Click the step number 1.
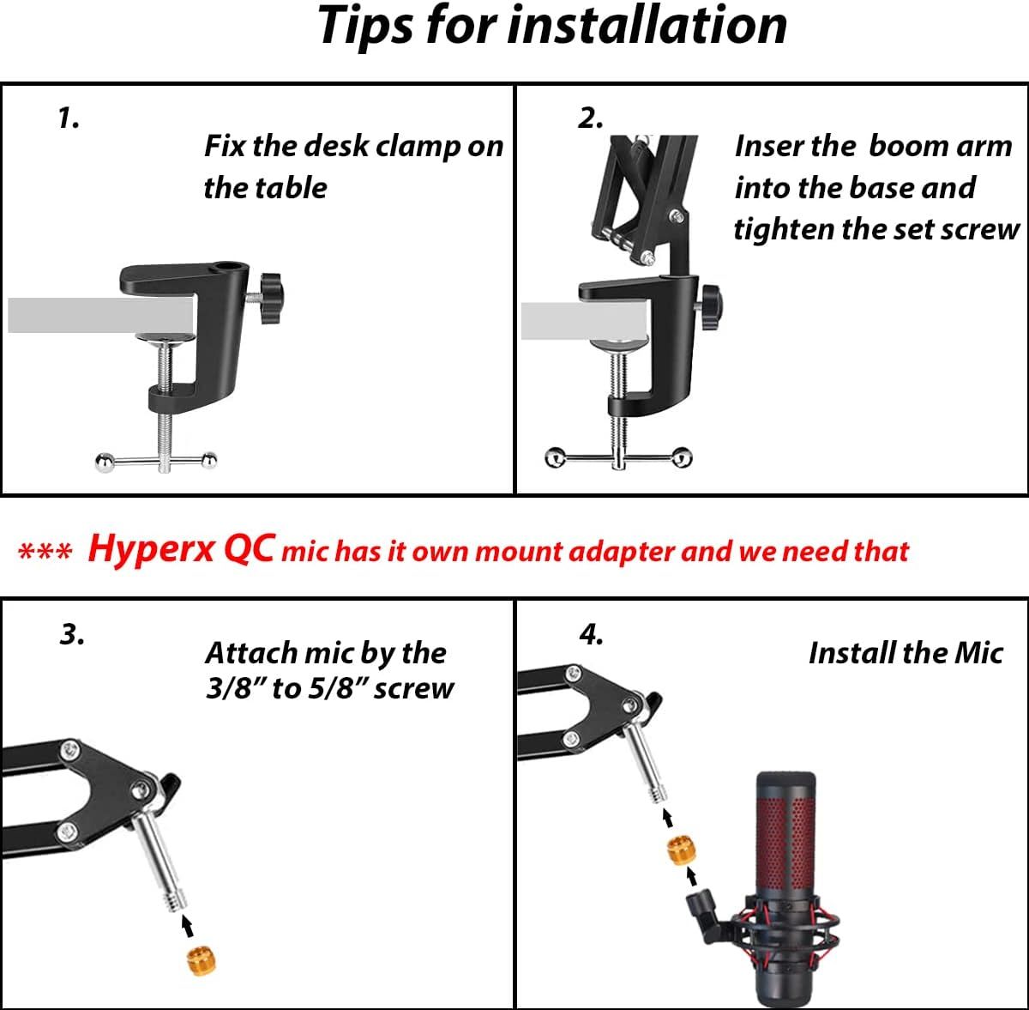point(68,118)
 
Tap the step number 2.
point(590,118)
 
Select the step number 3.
point(72,634)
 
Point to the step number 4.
point(591,634)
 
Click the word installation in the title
point(647,26)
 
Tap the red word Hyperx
point(150,549)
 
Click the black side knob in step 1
point(270,293)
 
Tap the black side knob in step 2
point(711,301)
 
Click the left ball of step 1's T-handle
point(103,463)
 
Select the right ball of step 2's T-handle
point(682,457)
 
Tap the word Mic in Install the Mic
point(978,653)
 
